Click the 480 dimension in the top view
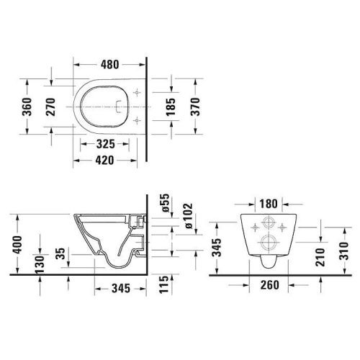pyautogui.click(x=109, y=63)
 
